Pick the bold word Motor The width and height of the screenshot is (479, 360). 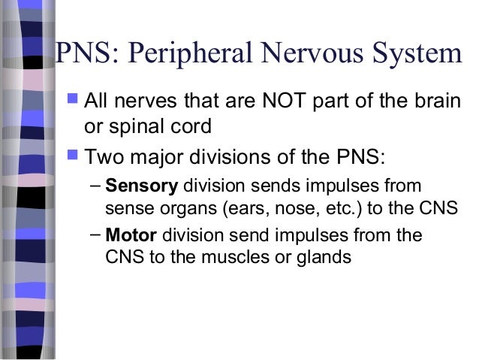point(131,235)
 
